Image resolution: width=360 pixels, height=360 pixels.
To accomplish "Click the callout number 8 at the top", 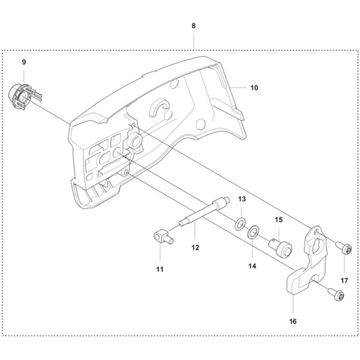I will [x=193, y=25].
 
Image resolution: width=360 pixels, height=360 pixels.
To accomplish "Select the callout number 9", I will [x=24, y=62].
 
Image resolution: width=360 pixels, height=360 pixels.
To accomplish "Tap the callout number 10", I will [x=254, y=87].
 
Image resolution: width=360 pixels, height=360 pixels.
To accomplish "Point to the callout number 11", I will [x=160, y=269].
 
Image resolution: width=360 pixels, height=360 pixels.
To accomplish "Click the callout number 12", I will [x=195, y=248].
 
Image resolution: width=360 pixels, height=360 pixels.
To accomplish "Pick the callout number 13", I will [x=241, y=199].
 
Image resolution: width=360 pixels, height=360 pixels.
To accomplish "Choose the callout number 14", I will [x=252, y=265].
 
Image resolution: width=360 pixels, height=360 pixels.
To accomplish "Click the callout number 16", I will [x=293, y=321].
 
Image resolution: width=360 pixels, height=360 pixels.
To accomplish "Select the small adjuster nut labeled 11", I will [x=163, y=237].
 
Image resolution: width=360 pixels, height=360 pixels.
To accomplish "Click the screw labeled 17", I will [x=345, y=249].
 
